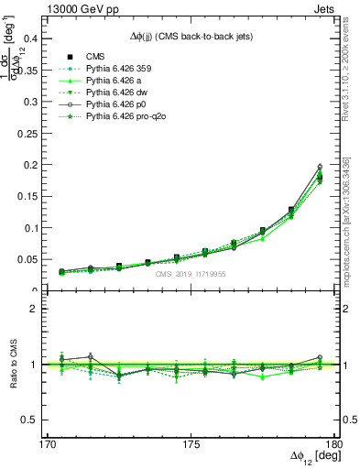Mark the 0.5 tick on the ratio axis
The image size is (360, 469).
[x=38, y=420]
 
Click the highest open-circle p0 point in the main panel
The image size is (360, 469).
[x=320, y=167]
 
